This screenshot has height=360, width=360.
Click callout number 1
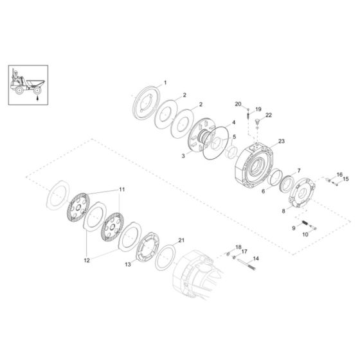click(165, 84)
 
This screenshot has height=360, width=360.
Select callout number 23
click(281, 140)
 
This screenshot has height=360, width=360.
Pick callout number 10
click(305, 235)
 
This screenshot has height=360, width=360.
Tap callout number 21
click(181, 240)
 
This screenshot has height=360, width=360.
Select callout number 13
click(127, 264)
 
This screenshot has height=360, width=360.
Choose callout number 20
click(237, 104)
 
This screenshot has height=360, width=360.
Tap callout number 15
click(345, 179)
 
